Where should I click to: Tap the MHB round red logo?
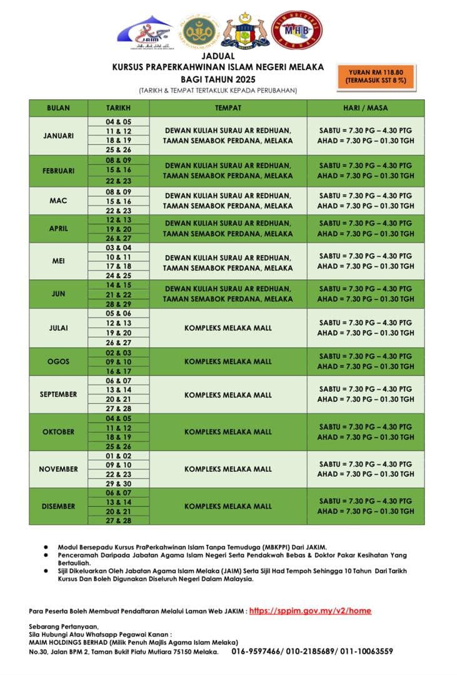point(297,30)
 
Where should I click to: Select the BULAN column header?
point(58,108)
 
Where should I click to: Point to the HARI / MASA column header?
point(365,108)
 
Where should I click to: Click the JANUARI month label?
point(58,136)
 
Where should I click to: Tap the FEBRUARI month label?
point(58,171)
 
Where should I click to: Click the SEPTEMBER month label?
point(58,394)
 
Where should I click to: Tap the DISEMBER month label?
point(58,506)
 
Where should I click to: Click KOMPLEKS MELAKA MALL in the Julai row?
point(228,327)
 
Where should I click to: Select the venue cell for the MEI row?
point(228,262)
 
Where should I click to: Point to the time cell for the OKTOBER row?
point(365,432)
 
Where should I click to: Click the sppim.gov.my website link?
point(310,611)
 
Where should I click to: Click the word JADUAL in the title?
point(227,56)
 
